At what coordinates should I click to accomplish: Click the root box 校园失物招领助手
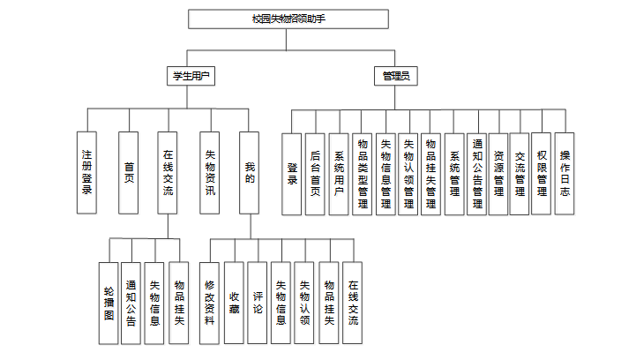(x=288, y=19)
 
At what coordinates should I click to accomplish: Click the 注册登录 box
(x=87, y=173)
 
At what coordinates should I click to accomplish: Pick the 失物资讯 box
(x=209, y=173)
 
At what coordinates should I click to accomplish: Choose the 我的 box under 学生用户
(x=251, y=173)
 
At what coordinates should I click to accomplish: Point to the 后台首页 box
(x=316, y=173)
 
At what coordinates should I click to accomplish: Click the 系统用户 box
(x=338, y=173)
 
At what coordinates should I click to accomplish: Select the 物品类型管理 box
(x=362, y=173)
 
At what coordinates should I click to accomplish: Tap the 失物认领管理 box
(x=408, y=173)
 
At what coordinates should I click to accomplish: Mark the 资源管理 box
(x=499, y=173)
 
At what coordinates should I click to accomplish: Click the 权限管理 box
(x=542, y=173)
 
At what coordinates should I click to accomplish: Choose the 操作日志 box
(x=565, y=173)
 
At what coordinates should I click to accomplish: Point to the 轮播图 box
(x=108, y=302)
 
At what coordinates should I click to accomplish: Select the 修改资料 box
(x=209, y=302)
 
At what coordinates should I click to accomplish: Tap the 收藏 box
(x=234, y=302)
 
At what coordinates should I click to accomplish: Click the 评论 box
(x=257, y=302)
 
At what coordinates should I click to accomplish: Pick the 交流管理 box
(x=520, y=173)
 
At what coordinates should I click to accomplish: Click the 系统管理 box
(x=454, y=173)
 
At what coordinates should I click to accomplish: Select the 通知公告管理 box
(x=477, y=173)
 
